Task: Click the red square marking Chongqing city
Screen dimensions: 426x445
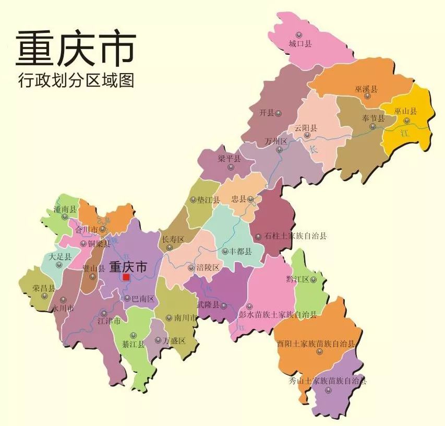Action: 126,278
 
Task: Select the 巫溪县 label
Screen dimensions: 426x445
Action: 366,90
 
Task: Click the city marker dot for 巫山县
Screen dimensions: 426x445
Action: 407,121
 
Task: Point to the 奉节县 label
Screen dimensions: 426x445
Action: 373,118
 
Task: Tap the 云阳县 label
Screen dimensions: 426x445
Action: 306,128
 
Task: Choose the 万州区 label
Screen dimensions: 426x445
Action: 276,141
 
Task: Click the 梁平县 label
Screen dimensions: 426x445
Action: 229,159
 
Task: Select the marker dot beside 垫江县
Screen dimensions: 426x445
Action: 194,199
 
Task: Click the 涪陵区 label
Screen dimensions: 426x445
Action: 208,267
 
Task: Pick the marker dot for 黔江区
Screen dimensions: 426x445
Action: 313,279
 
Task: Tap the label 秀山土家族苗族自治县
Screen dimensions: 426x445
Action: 328,381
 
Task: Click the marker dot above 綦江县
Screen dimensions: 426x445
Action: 133,335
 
